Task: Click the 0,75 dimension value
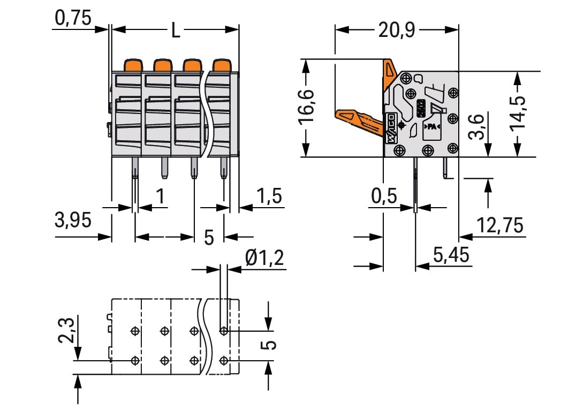coord(73,19)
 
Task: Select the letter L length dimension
coord(175,31)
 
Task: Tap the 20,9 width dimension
coord(396,31)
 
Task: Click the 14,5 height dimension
coord(518,113)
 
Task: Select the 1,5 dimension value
coord(269,196)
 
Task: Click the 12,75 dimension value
coord(500,226)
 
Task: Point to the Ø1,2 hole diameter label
coord(264,259)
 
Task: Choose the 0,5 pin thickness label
coord(384,196)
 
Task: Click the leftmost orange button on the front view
coord(133,65)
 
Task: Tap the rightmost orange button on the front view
coord(221,65)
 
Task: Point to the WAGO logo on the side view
coord(390,129)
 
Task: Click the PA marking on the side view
coord(431,127)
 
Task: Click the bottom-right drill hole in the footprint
coord(224,359)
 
